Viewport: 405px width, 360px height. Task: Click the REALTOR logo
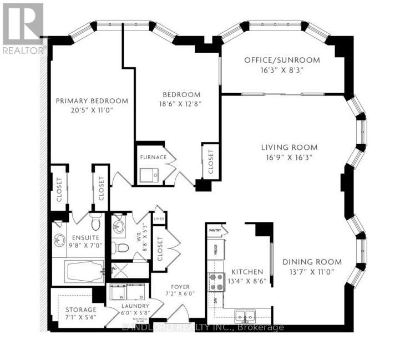[x=23, y=28]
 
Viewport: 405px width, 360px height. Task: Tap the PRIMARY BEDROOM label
[x=92, y=101]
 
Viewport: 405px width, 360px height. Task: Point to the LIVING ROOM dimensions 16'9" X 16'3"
[x=290, y=157]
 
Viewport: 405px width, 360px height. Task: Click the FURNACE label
[x=153, y=157]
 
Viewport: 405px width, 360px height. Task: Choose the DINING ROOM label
[x=311, y=262]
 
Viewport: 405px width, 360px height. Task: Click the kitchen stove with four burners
[x=215, y=283]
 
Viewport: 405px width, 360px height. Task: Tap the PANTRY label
[x=215, y=230]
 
